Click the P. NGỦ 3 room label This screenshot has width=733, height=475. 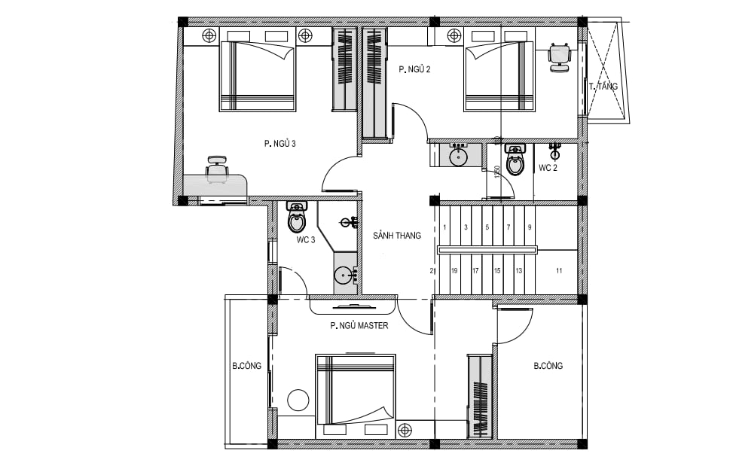[280, 143]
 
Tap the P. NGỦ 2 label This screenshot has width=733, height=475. [414, 69]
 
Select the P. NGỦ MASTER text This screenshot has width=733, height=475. [359, 325]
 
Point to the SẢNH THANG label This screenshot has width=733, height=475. [397, 236]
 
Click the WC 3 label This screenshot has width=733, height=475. [306, 240]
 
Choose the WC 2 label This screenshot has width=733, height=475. [548, 168]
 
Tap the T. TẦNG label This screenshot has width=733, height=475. [603, 86]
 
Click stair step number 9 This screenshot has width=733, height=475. [530, 227]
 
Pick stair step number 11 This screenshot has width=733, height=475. [559, 270]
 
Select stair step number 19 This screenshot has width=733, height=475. [454, 270]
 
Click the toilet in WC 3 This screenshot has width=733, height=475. [297, 218]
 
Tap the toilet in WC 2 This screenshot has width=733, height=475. [515, 160]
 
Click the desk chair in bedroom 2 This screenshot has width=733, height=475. [559, 56]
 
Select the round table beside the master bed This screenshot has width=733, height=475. [298, 400]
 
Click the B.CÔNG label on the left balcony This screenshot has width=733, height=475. [247, 366]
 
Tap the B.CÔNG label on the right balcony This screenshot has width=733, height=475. [548, 366]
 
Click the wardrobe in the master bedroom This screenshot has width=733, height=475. [480, 397]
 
